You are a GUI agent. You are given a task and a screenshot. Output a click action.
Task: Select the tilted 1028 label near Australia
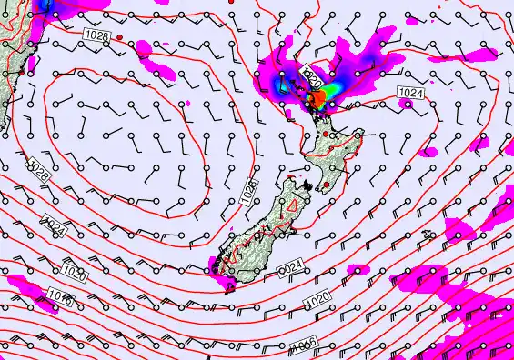[x=39, y=169]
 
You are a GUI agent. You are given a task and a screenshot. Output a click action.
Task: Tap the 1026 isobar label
[x=249, y=188]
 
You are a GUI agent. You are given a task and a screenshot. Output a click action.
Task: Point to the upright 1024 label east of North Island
[x=410, y=93]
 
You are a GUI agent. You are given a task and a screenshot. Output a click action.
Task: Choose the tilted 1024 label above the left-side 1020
[x=55, y=226]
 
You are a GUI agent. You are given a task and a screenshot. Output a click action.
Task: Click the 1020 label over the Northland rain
[x=313, y=80]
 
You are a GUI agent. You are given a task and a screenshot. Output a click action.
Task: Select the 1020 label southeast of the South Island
[x=317, y=299]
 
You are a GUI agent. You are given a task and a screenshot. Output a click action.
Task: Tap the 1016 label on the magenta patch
[x=61, y=297]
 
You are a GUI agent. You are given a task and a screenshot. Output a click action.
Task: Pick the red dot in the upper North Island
[x=325, y=135]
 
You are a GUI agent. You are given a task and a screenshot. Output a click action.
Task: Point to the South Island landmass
[x=264, y=232]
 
